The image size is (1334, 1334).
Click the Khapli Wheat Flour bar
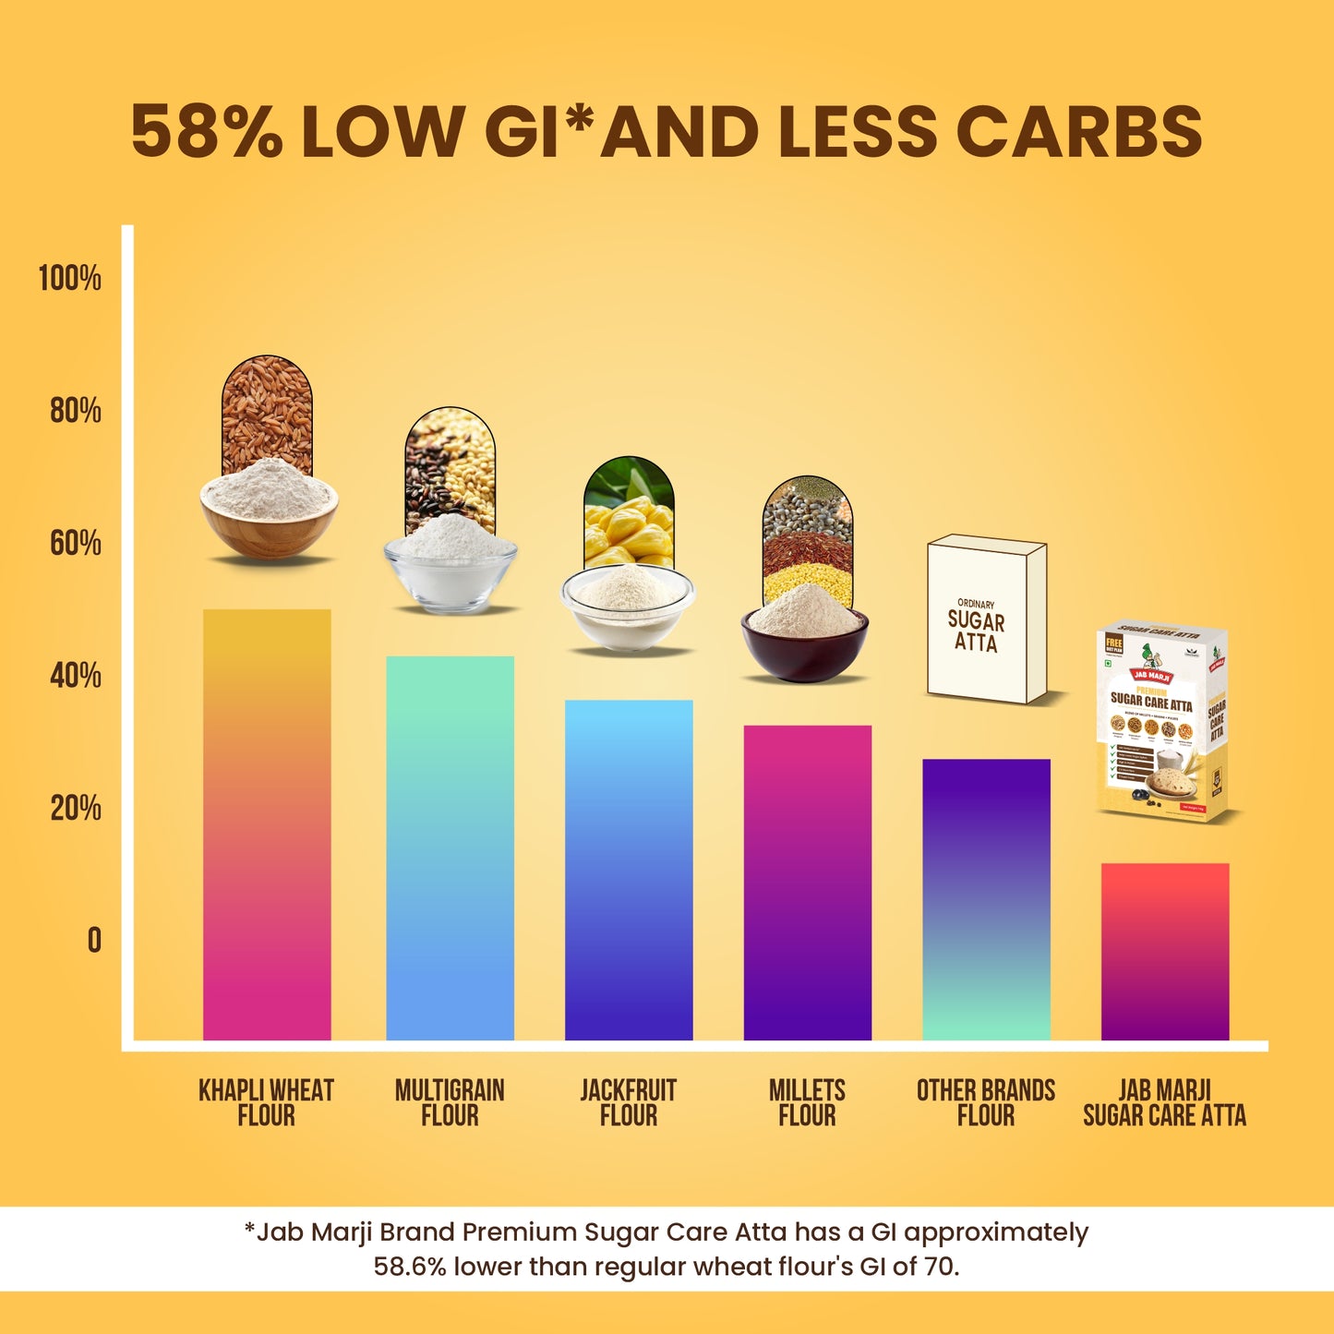click(x=267, y=823)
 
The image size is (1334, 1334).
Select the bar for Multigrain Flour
click(x=450, y=847)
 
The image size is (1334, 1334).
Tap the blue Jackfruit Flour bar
click(x=629, y=870)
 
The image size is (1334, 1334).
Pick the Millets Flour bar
click(x=807, y=883)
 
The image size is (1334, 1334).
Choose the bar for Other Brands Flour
click(x=986, y=899)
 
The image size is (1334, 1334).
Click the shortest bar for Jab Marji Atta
click(x=1165, y=951)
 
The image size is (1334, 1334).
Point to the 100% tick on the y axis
click(x=69, y=278)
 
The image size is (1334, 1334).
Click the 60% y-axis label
click(x=75, y=543)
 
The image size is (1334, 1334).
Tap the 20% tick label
click(x=75, y=808)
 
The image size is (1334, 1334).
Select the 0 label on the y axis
click(x=94, y=940)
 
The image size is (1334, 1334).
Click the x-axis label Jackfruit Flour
click(x=629, y=1102)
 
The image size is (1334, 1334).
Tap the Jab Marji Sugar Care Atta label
click(x=1165, y=1102)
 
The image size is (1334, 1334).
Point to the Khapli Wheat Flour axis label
click(x=267, y=1102)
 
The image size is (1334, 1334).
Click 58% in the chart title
click(x=206, y=131)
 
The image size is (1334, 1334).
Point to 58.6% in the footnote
click(x=410, y=1267)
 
